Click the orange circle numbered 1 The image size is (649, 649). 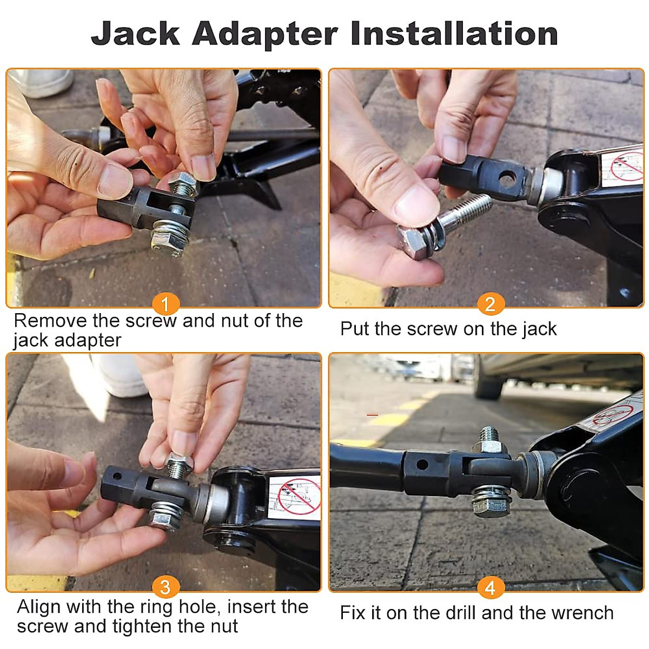tap(165, 304)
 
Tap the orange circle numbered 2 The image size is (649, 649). tap(490, 304)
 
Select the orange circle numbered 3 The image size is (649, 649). tap(165, 587)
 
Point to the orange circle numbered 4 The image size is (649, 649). tap(490, 587)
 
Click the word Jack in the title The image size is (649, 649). tap(135, 34)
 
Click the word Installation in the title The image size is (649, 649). tap(454, 34)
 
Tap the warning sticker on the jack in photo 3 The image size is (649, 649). tap(295, 496)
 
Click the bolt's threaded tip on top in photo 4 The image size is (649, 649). tap(489, 434)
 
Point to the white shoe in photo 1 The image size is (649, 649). tap(43, 82)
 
